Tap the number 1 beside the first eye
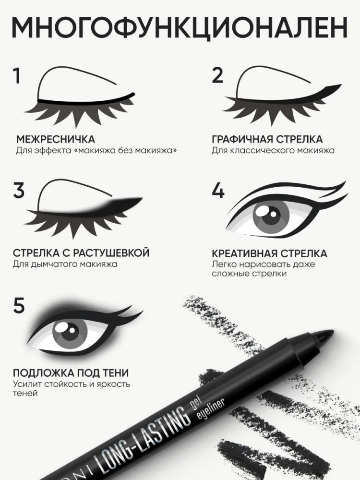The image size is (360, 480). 17,76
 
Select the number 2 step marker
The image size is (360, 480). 217,75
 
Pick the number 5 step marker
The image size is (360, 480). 19,305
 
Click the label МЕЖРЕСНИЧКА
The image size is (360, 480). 55,139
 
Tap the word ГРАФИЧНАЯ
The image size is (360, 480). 242,139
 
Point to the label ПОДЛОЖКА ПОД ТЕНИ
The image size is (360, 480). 71,373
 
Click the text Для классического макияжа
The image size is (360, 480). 273,151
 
